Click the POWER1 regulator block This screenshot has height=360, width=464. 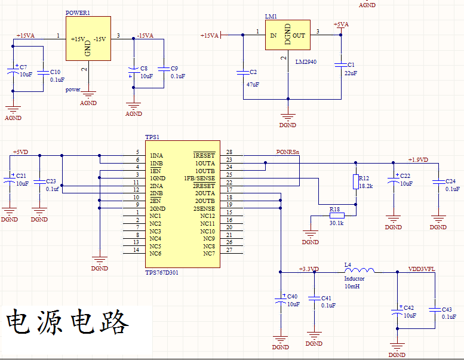[x=88, y=38]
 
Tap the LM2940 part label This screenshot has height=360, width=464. [x=306, y=61]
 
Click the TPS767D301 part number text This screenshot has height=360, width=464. [x=162, y=272]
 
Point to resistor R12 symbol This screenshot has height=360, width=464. [x=355, y=182]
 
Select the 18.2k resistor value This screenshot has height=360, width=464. [x=366, y=186]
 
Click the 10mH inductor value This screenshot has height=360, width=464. [x=352, y=287]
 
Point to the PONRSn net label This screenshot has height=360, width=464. [x=288, y=152]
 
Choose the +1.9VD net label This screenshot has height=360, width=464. [x=418, y=159]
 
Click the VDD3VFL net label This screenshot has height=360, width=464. [x=421, y=269]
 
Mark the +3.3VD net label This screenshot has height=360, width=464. [x=309, y=269]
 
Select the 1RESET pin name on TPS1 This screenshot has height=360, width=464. [x=204, y=155]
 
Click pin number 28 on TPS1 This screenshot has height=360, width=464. [x=229, y=152]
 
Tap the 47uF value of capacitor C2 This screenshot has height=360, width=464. [x=253, y=84]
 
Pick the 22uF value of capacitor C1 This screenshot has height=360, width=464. [x=351, y=73]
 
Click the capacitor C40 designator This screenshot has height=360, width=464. [x=293, y=296]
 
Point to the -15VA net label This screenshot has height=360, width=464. [x=145, y=36]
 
